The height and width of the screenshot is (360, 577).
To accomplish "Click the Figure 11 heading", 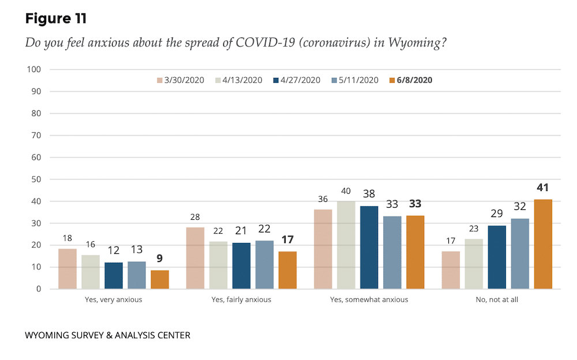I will coord(55,18).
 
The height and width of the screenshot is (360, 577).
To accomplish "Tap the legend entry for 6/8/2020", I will coord(410,80).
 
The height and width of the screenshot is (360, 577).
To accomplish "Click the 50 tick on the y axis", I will coord(35,179).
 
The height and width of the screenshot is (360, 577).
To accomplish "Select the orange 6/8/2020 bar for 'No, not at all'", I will coord(543,244).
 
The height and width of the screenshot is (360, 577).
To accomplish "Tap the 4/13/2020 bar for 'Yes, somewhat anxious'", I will coord(346,245).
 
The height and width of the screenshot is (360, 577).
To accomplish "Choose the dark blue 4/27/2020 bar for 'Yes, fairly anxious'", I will coord(241,266).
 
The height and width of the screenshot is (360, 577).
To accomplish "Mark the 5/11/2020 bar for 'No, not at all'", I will coord(520,254).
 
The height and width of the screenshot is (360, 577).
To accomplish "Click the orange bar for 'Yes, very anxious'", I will coord(160,279).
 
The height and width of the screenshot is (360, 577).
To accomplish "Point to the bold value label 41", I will coord(542,187).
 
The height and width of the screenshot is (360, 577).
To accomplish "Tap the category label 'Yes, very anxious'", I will coord(114,299).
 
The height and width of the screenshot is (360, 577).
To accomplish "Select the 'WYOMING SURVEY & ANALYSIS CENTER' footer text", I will coord(107,335).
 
